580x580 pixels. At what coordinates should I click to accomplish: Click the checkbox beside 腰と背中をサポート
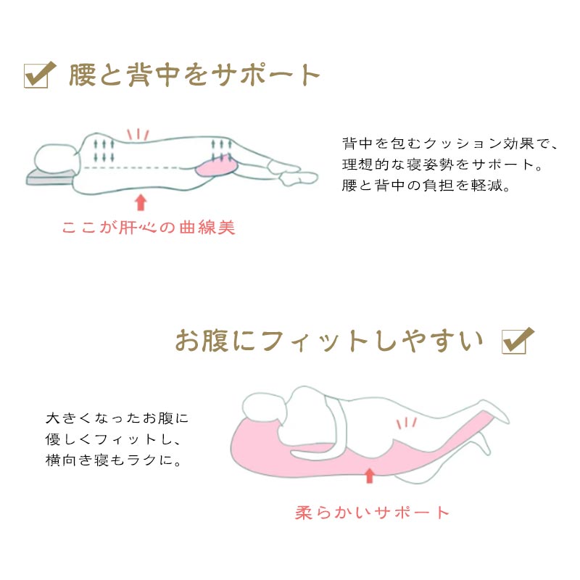click(x=39, y=75)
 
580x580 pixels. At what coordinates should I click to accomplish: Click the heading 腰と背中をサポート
click(x=194, y=75)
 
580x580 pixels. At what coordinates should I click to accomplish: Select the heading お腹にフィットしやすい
click(x=329, y=340)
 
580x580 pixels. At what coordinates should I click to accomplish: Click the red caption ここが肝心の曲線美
click(x=149, y=227)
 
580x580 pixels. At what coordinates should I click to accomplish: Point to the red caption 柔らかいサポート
click(x=372, y=513)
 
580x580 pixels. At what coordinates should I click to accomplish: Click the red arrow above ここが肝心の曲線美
click(x=141, y=203)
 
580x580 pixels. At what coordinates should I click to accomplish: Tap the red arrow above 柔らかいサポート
click(x=369, y=476)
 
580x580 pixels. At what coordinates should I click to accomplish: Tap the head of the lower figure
click(x=265, y=408)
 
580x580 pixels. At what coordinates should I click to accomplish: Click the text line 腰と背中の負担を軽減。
click(x=426, y=186)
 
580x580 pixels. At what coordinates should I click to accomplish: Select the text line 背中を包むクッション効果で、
click(x=449, y=143)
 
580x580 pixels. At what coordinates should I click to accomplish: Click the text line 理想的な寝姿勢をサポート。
click(x=442, y=165)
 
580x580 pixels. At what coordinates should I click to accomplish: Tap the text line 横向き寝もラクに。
click(x=113, y=460)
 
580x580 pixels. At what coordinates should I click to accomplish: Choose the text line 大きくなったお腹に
click(x=117, y=418)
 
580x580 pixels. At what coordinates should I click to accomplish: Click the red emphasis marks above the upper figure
click(x=138, y=134)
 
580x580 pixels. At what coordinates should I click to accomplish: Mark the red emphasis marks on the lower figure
click(x=407, y=423)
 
